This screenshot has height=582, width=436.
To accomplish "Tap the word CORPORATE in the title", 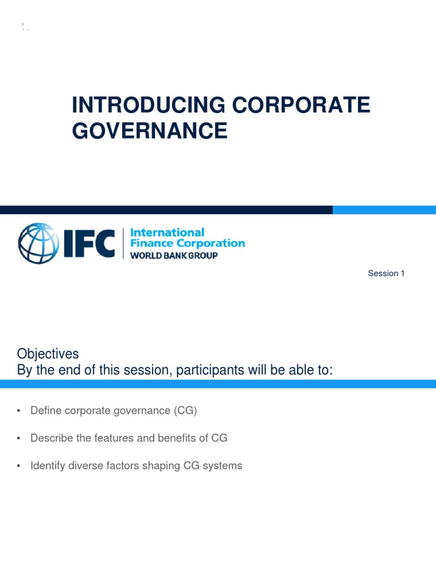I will tap(300, 105).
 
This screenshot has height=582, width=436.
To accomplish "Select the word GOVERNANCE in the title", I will tap(149, 131).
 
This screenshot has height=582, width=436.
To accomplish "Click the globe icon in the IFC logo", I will tap(38, 243).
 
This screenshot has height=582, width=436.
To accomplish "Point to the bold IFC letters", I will tap(89, 243).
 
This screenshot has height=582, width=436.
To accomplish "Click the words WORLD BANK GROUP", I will tap(174, 256).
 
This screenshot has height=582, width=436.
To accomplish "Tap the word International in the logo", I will tap(167, 232).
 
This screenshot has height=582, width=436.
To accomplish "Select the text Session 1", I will tap(386, 273).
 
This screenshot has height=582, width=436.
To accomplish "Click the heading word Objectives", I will tap(48, 354).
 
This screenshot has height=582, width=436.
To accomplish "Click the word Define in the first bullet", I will tap(45, 410).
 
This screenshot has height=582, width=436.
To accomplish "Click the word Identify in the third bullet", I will tap(48, 466).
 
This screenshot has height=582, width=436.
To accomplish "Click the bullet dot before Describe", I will tap(19, 439).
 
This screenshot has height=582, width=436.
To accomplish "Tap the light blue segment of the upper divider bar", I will tap(384, 210).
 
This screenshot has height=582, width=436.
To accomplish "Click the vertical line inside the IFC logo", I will tap(123, 243).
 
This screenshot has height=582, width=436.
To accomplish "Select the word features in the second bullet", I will tap(120, 438).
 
